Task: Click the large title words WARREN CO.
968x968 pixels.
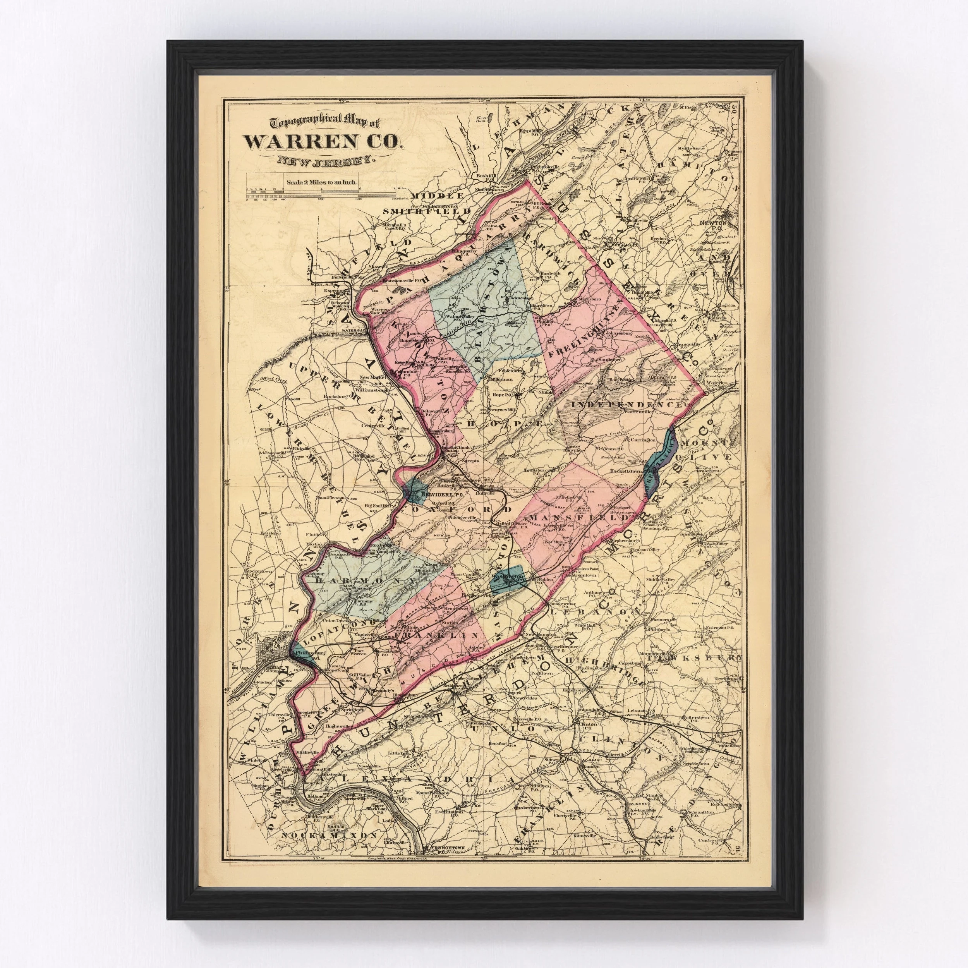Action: [323, 142]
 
